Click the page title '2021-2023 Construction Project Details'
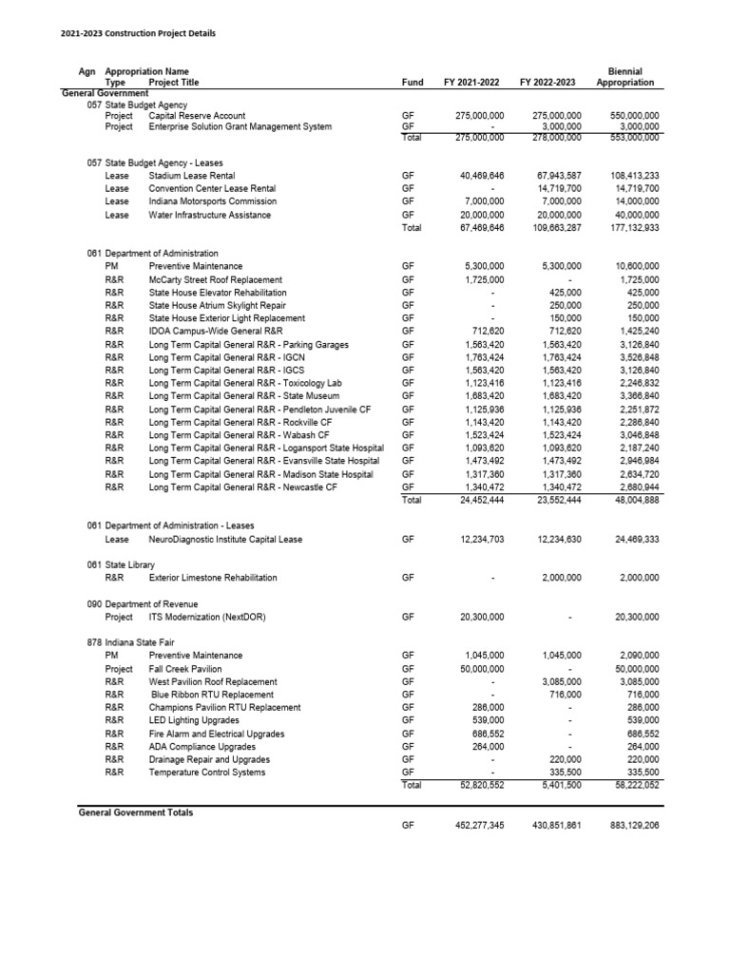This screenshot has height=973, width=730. tap(138, 33)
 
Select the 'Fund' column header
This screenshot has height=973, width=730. tap(413, 83)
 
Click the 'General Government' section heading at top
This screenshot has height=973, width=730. tap(105, 93)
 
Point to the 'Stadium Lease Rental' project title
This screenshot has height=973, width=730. tap(192, 176)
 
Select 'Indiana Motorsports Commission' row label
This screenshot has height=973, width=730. tap(213, 201)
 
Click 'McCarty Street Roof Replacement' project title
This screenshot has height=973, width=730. tap(216, 280)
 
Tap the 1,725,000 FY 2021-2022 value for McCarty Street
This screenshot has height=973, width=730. tap(480, 280)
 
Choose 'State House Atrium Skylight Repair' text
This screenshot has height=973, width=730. tap(218, 306)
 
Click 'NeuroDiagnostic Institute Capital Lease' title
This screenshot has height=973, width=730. tap(225, 540)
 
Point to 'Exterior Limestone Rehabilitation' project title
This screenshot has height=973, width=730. tap(213, 578)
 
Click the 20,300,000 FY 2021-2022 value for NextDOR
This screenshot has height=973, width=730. tap(480, 618)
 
